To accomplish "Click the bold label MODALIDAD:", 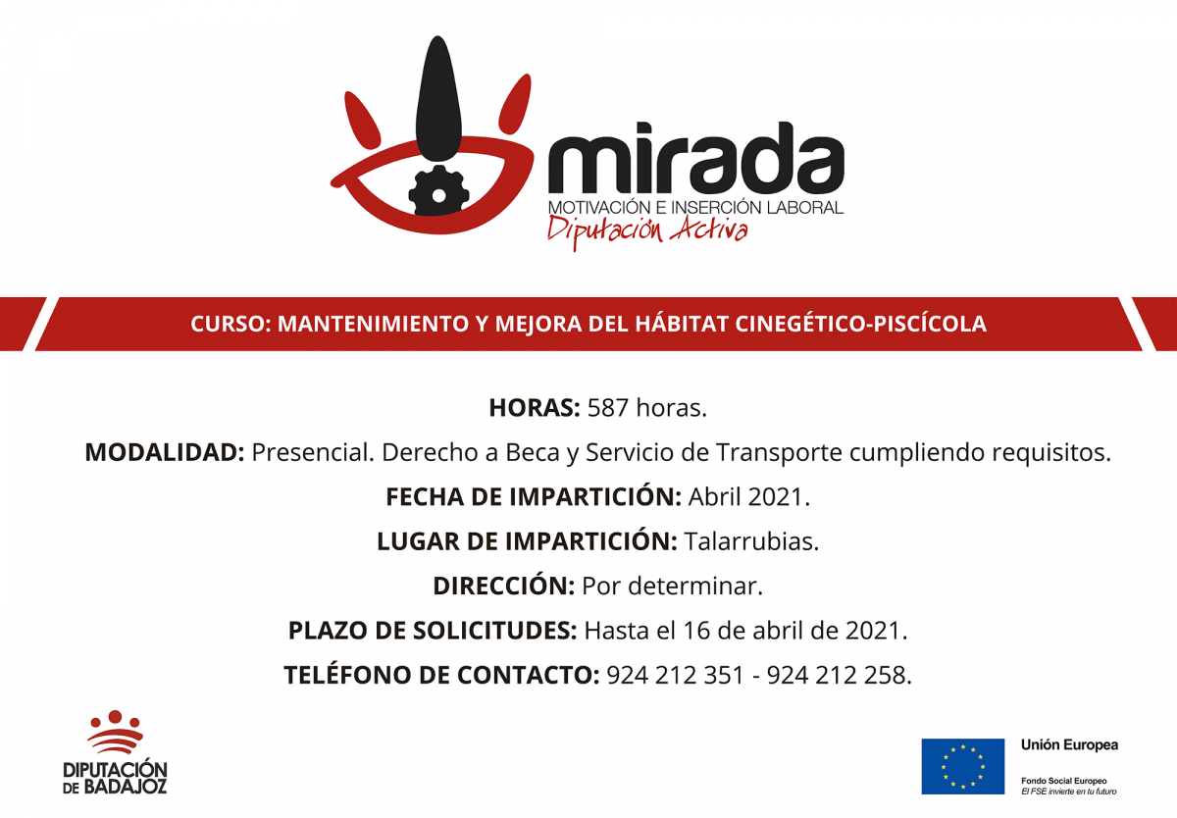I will tap(164, 452).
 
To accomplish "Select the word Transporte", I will tap(779, 452).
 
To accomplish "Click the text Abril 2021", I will tap(749, 497).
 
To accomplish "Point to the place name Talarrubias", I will tap(751, 541).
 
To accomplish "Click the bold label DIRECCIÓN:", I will tap(503, 587).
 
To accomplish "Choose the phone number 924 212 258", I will tap(840, 676).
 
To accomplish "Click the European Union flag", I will tap(962, 766).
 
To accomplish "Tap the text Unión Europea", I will tap(1069, 745).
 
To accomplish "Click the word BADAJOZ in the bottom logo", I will tap(125, 787).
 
